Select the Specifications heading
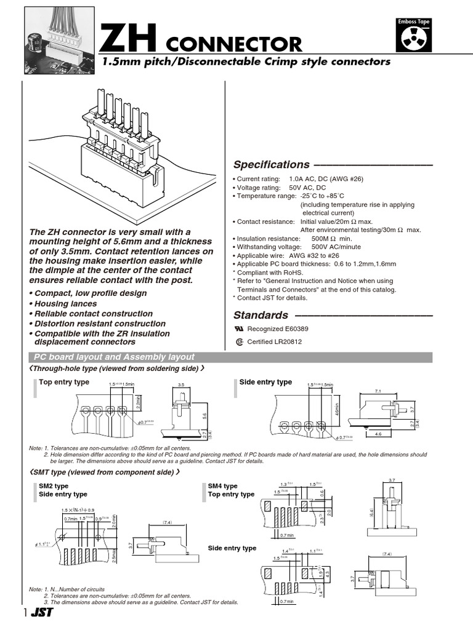click(272, 165)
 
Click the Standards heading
click(261, 315)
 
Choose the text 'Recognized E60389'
click(277, 329)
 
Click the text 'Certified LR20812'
click(274, 342)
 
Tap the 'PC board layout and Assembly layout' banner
click(114, 357)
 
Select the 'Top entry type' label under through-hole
click(64, 382)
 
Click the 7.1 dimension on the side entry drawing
click(378, 391)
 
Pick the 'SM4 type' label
click(223, 486)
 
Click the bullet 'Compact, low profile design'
click(91, 293)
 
